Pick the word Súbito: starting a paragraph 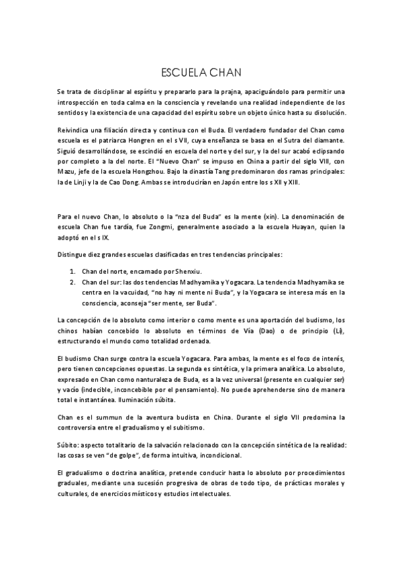(70, 444)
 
